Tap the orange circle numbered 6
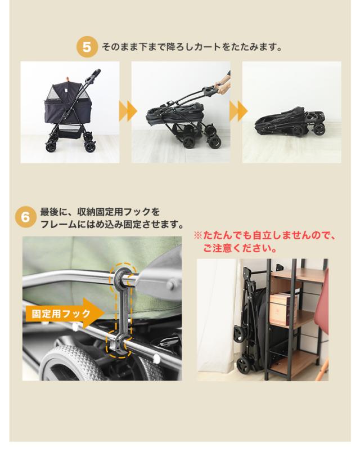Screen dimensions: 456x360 tap(26, 217)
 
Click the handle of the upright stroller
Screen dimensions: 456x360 tap(93, 74)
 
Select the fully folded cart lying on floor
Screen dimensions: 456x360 tap(288, 120)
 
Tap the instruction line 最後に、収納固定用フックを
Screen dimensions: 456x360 tap(100, 213)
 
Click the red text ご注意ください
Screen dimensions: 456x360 tap(239, 248)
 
